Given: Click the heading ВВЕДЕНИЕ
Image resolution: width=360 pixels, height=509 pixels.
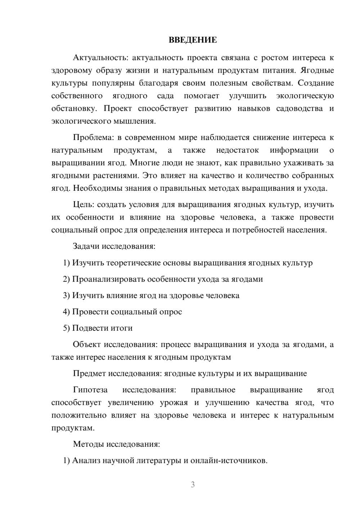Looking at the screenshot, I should [x=193, y=40].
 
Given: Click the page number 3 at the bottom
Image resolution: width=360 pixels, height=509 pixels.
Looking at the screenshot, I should [x=193, y=485].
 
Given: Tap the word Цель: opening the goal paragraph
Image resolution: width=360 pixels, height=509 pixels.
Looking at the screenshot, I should [x=84, y=205].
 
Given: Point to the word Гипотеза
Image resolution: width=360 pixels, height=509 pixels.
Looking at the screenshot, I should [x=90, y=390].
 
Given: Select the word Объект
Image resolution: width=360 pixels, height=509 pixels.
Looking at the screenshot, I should [x=87, y=344].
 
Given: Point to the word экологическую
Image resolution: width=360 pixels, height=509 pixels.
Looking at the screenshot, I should [x=305, y=96].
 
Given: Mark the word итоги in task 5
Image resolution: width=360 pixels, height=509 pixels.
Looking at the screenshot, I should [x=122, y=328].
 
